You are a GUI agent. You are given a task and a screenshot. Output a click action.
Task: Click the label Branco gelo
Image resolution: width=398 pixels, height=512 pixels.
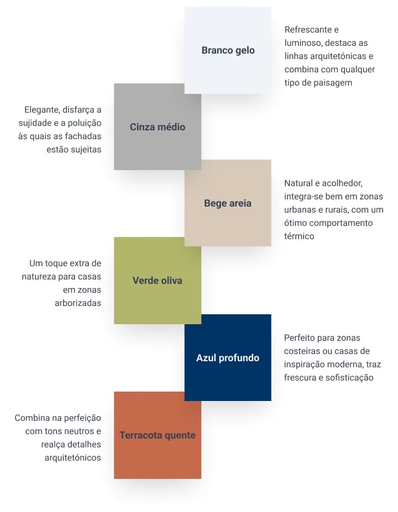[228, 50]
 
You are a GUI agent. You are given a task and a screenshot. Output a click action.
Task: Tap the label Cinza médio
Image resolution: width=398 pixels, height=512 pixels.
[158, 127]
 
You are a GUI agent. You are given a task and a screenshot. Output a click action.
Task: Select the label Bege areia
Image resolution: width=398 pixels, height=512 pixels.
[228, 203]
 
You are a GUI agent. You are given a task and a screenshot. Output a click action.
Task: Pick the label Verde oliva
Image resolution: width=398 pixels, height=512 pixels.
[158, 281]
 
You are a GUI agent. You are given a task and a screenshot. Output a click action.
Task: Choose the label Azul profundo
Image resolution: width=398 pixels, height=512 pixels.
[228, 358]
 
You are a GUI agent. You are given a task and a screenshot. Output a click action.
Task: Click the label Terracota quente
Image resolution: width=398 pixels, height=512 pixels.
[158, 435]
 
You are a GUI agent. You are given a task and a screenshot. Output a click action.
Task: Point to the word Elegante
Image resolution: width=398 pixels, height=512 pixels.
[43, 109]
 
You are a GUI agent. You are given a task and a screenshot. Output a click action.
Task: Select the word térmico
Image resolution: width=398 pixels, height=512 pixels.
[299, 236]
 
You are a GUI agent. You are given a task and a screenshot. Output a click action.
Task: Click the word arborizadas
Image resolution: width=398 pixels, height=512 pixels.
[78, 303]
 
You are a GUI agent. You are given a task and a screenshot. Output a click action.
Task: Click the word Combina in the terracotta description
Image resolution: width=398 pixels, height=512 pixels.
[32, 418]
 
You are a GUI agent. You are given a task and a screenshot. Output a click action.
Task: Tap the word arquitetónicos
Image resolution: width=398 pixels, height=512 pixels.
[72, 457]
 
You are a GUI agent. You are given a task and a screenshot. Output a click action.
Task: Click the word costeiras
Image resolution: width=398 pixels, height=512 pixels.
[304, 351]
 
